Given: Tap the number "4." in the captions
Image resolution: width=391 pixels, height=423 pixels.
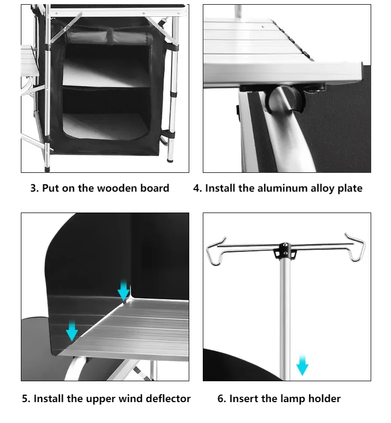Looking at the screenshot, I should pyautogui.click(x=198, y=189).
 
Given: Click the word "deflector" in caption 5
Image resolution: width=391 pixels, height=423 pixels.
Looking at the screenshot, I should pyautogui.click(x=166, y=399).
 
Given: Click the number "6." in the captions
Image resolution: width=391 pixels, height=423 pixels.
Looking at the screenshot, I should pyautogui.click(x=222, y=399).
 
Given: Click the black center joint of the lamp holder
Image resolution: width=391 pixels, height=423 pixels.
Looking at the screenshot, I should pyautogui.click(x=285, y=250).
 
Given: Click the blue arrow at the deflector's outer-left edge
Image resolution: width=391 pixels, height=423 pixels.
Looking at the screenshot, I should pyautogui.click(x=72, y=330).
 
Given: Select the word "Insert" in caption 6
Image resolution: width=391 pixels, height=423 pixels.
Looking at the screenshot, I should pyautogui.click(x=245, y=399).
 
